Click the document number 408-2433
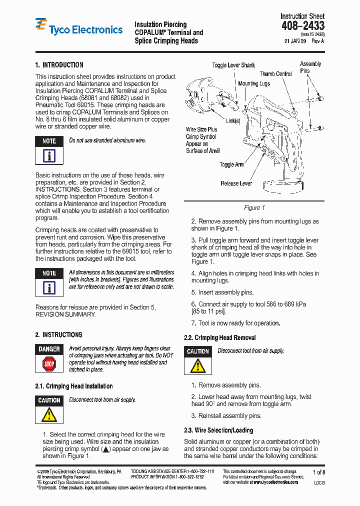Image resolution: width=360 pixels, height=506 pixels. click(302, 26)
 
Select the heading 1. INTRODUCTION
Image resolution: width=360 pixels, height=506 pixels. click(59, 65)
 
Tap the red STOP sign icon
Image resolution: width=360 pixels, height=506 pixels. click(49, 363)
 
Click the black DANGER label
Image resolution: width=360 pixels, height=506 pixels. click(49, 349)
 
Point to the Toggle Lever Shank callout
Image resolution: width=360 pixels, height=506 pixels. click(233, 65)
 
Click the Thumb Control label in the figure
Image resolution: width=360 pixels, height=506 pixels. click(275, 74)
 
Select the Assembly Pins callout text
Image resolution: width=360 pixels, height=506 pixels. click(310, 67)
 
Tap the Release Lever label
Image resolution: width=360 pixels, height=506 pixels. click(236, 183)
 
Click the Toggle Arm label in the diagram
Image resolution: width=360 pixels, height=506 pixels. click(231, 164)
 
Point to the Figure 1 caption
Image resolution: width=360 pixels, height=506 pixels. click(254, 207)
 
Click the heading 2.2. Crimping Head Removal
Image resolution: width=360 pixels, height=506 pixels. click(219, 338)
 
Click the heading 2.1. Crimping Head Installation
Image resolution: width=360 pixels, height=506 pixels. click(74, 386)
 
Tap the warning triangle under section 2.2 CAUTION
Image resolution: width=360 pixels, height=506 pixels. click(198, 366)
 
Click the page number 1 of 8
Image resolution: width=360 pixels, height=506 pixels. click(318, 472)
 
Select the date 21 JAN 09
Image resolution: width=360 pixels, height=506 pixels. click(295, 41)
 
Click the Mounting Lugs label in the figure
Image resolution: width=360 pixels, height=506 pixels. click(254, 83)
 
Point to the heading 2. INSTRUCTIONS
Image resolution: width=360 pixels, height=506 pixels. click(58, 335)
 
